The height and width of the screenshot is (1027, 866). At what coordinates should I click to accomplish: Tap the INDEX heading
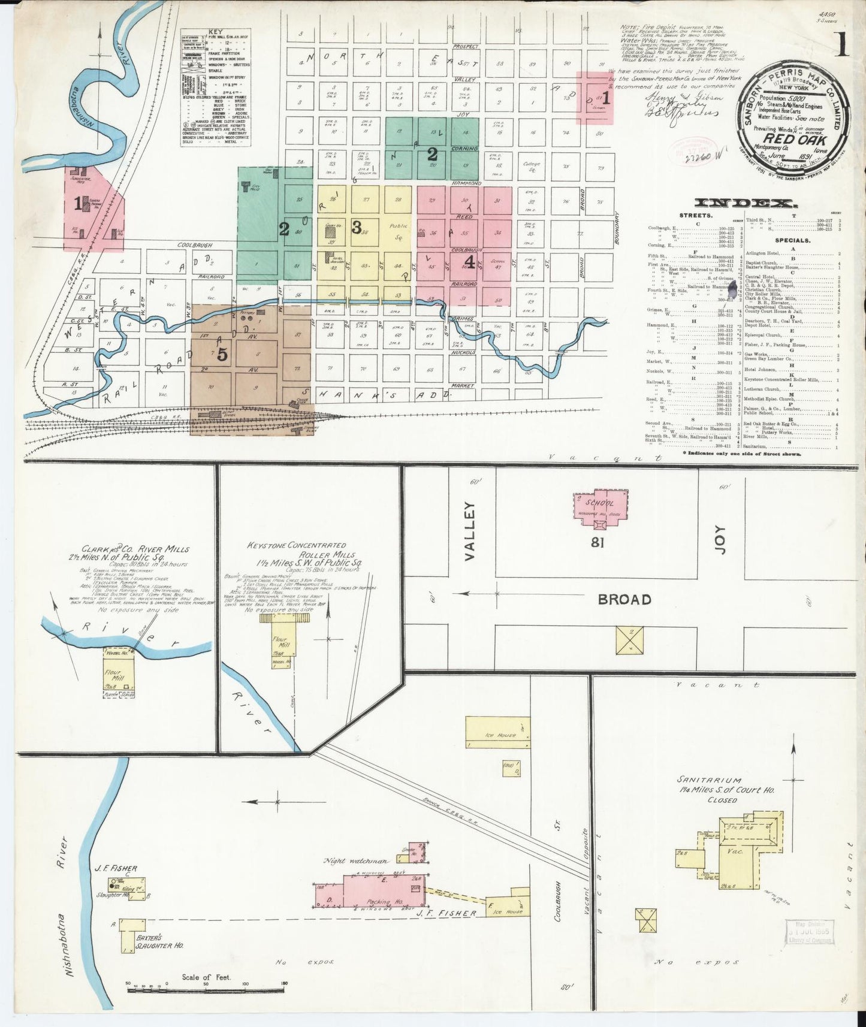[744, 203]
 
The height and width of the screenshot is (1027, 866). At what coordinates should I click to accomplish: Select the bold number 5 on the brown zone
[222, 355]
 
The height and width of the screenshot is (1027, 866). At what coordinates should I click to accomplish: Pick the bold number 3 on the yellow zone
[356, 227]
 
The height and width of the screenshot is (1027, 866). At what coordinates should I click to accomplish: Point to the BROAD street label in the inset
[624, 599]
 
